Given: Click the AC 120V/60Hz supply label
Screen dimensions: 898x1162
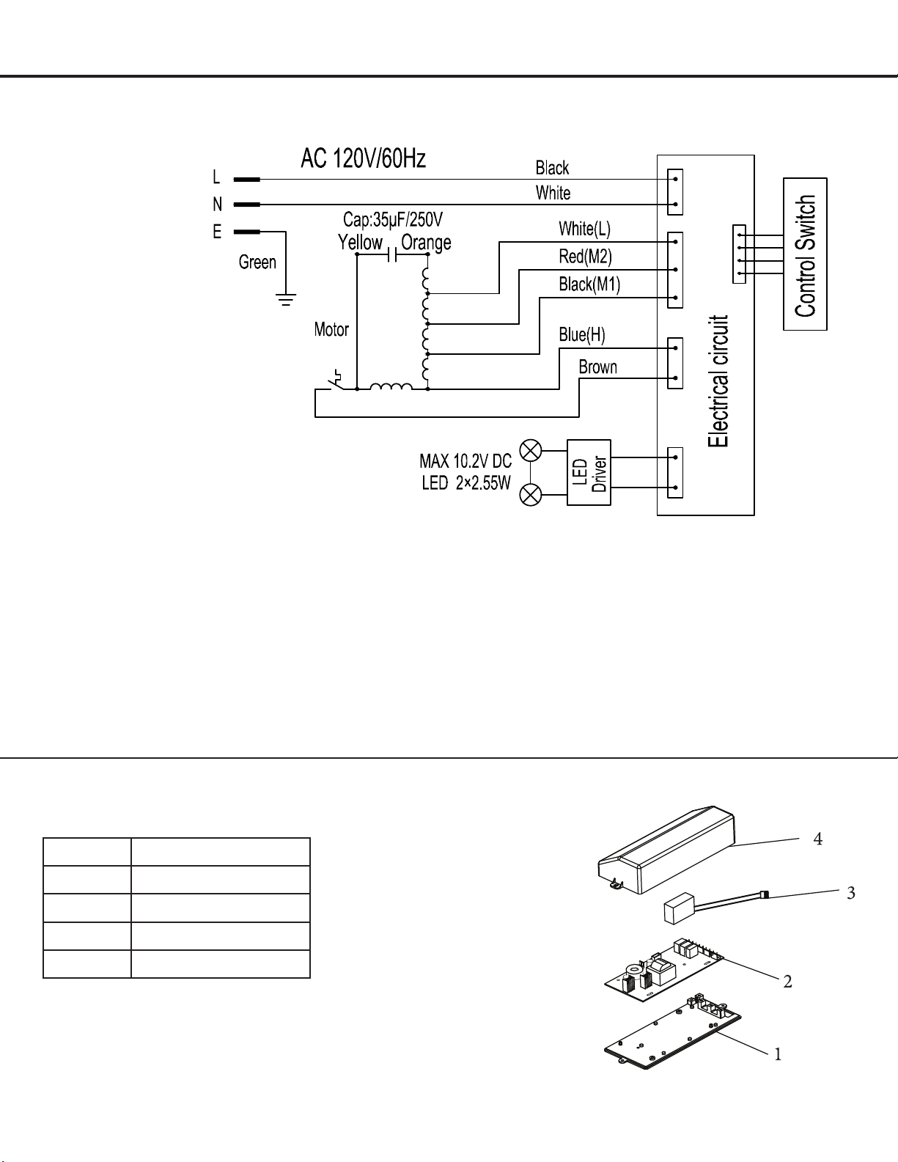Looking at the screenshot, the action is [x=363, y=158].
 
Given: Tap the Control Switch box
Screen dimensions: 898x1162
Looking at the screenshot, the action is [x=805, y=254].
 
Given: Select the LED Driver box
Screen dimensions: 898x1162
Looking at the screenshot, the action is [x=589, y=472].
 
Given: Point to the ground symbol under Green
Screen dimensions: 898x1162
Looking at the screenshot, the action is [x=287, y=299].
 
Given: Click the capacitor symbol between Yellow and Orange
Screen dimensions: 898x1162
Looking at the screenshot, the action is [x=392, y=254].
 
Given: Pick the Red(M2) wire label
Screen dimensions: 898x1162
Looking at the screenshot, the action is [x=585, y=257].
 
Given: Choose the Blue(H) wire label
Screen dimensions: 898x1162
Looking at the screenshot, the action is [x=582, y=335].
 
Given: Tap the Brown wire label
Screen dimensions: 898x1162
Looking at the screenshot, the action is [x=597, y=367].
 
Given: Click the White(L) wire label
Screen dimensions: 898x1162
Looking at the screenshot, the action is [x=585, y=229].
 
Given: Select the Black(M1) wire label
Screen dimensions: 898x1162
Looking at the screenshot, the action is [x=589, y=284].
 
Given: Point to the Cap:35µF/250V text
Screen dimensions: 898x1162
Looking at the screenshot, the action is [x=393, y=219].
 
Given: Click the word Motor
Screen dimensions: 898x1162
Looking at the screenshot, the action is [x=331, y=329].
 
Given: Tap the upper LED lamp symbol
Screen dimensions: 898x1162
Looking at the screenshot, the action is [x=530, y=450].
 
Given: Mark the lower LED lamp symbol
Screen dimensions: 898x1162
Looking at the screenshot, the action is [x=530, y=495].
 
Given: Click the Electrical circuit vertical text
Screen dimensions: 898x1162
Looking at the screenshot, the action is [x=718, y=380].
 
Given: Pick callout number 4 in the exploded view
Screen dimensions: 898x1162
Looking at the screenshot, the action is [x=818, y=839].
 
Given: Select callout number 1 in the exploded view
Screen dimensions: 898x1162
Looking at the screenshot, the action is [x=778, y=1054].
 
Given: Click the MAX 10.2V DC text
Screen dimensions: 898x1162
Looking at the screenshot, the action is [x=465, y=461].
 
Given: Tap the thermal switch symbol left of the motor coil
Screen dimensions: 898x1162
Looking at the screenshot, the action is [x=336, y=380].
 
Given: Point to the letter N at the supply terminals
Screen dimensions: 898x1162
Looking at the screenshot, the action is [x=217, y=205].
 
